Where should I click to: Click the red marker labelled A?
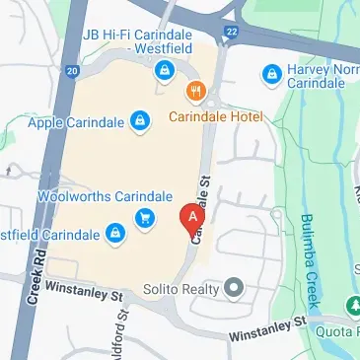click(193, 216)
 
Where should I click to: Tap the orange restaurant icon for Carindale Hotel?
click(196, 92)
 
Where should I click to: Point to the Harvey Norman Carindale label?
click(321, 75)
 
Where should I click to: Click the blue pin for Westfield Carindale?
click(116, 234)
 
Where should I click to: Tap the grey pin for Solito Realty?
click(234, 288)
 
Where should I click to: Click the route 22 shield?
click(231, 34)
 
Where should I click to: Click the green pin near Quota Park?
click(352, 306)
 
